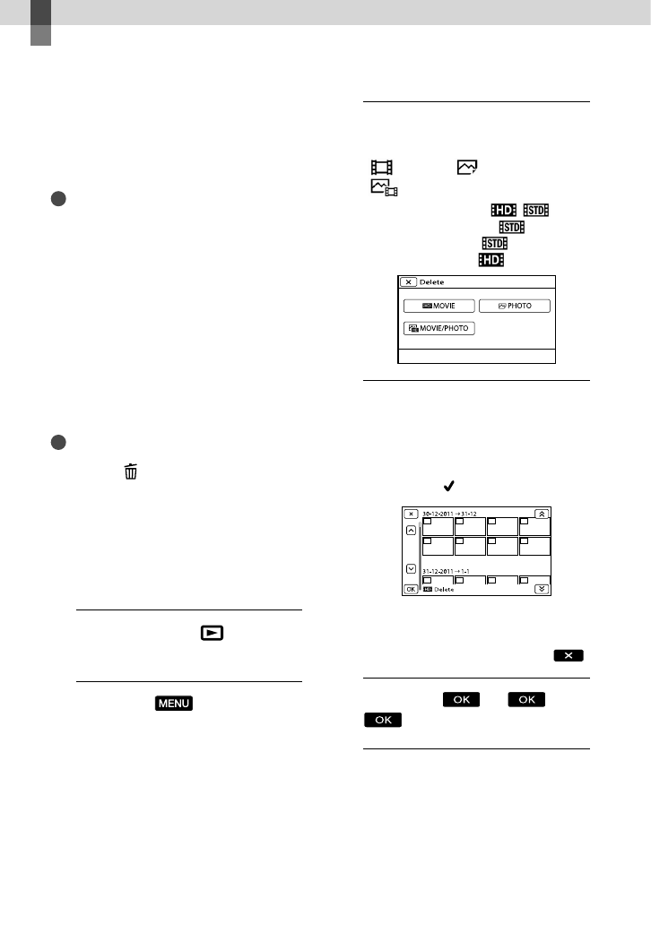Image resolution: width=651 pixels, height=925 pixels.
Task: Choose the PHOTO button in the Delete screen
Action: click(514, 306)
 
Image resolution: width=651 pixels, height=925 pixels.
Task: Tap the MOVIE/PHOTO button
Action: click(439, 328)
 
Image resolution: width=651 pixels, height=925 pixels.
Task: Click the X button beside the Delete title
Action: click(407, 281)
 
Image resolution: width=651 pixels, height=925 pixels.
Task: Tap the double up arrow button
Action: click(542, 514)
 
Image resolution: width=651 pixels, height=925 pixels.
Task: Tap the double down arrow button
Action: click(542, 589)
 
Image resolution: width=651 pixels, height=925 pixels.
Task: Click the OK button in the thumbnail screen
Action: click(410, 589)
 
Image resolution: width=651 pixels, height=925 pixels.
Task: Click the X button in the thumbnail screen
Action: click(410, 514)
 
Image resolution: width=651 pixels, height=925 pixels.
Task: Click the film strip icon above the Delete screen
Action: click(382, 167)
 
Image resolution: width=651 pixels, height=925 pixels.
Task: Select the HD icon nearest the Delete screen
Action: click(490, 259)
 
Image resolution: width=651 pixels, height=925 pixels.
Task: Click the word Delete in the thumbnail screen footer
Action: click(445, 590)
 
